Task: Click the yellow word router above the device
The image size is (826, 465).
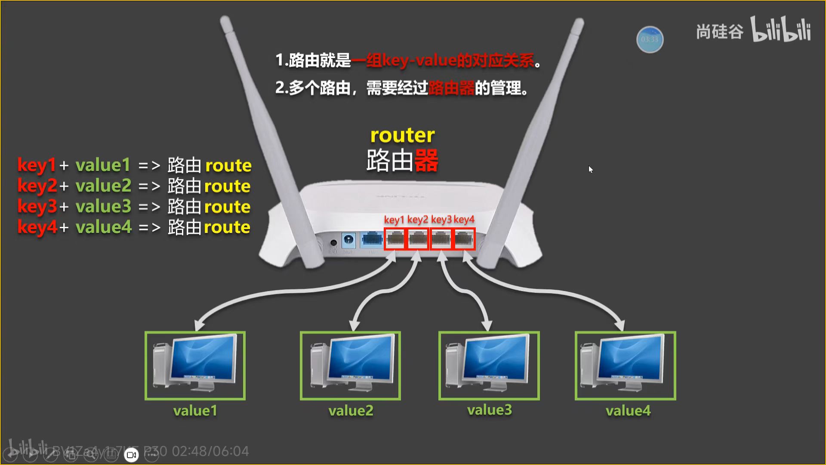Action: pos(402,135)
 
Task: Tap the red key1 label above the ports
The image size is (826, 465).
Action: pos(394,220)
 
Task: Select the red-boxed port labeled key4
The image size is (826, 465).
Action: pos(464,239)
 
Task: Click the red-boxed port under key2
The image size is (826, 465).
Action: pos(417,239)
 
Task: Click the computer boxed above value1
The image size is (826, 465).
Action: pos(195,365)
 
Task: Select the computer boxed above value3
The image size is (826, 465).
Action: pos(489,365)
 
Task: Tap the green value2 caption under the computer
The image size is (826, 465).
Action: pos(351,411)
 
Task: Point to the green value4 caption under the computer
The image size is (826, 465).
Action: pos(628,411)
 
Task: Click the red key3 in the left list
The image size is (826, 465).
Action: pos(37,207)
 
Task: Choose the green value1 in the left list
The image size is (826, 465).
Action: pos(103,165)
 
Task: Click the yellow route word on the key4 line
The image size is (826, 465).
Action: pos(227,227)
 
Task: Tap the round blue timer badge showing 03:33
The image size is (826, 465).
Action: pos(650,40)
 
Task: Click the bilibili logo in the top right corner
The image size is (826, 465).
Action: pos(781,30)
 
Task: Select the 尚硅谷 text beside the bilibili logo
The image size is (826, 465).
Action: pos(719,32)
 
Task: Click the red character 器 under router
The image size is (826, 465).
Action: pos(426,161)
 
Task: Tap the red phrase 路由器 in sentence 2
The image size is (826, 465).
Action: pos(451,88)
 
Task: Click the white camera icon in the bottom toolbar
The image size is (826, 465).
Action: pos(131,455)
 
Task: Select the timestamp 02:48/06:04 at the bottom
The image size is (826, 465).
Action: pos(210,451)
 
